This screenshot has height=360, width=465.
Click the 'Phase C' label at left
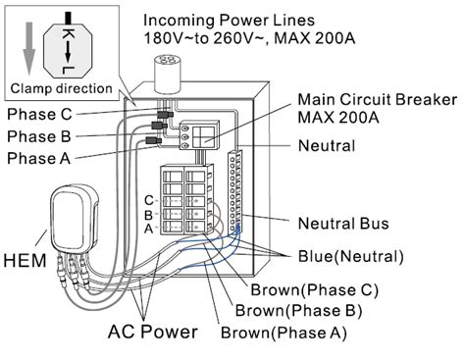pyautogui.click(x=39, y=114)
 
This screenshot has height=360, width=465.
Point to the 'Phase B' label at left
pyautogui.click(x=39, y=135)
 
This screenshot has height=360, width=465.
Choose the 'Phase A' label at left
pyautogui.click(x=39, y=157)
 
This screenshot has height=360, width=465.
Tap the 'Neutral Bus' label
pyautogui.click(x=348, y=223)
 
